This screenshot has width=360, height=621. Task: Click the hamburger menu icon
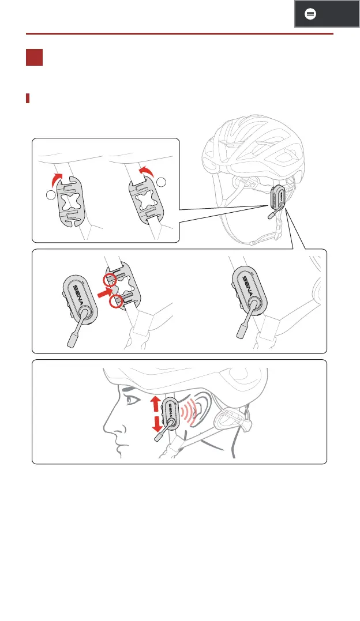[x=310, y=14]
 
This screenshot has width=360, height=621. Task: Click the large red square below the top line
[x=34, y=58]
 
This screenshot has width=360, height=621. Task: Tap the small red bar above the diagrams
[x=28, y=98]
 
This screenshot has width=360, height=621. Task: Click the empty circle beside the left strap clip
[x=51, y=195]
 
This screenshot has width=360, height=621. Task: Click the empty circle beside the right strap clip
[x=162, y=182]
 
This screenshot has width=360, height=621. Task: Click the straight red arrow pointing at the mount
[x=104, y=293]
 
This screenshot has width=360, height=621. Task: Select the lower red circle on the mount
[x=115, y=301]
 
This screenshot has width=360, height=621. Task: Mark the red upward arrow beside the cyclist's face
[x=155, y=405]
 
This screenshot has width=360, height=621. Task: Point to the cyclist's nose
[x=108, y=426]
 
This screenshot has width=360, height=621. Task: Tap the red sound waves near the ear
[x=187, y=412]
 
